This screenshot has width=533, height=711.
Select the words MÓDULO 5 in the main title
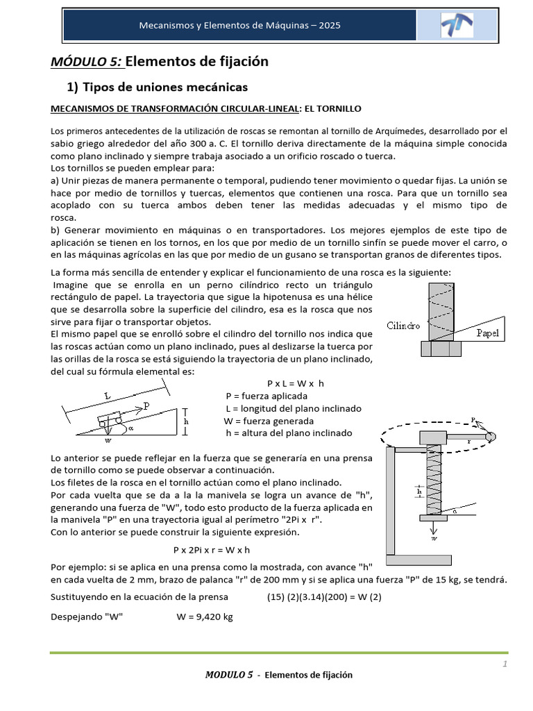(87, 62)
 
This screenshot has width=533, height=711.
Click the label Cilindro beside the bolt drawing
(403, 326)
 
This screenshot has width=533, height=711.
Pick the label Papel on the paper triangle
(487, 333)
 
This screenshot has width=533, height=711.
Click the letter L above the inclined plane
(108, 396)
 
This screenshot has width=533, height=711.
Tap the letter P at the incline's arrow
(146, 404)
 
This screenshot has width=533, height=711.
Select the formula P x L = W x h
(296, 383)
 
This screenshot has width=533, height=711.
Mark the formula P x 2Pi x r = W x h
(211, 549)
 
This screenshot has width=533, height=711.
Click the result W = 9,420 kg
(205, 616)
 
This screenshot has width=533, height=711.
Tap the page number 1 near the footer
(505, 664)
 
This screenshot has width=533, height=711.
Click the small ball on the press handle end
(491, 435)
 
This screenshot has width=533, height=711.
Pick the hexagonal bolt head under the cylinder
(441, 349)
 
